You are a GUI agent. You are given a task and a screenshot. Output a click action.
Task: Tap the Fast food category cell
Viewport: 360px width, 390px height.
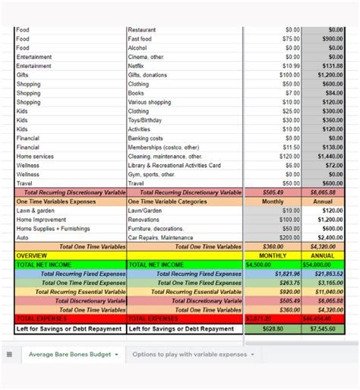(x=140, y=39)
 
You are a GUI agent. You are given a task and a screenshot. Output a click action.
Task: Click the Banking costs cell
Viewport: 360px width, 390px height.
(x=145, y=138)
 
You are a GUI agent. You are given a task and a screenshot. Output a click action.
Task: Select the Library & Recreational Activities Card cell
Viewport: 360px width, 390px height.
(x=174, y=165)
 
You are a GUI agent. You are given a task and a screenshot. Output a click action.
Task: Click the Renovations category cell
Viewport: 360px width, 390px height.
(x=144, y=220)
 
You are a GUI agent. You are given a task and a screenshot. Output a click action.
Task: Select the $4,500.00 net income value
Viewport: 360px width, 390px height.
(x=258, y=265)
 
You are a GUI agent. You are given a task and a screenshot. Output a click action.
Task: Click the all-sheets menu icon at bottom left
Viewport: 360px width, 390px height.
(x=10, y=354)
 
